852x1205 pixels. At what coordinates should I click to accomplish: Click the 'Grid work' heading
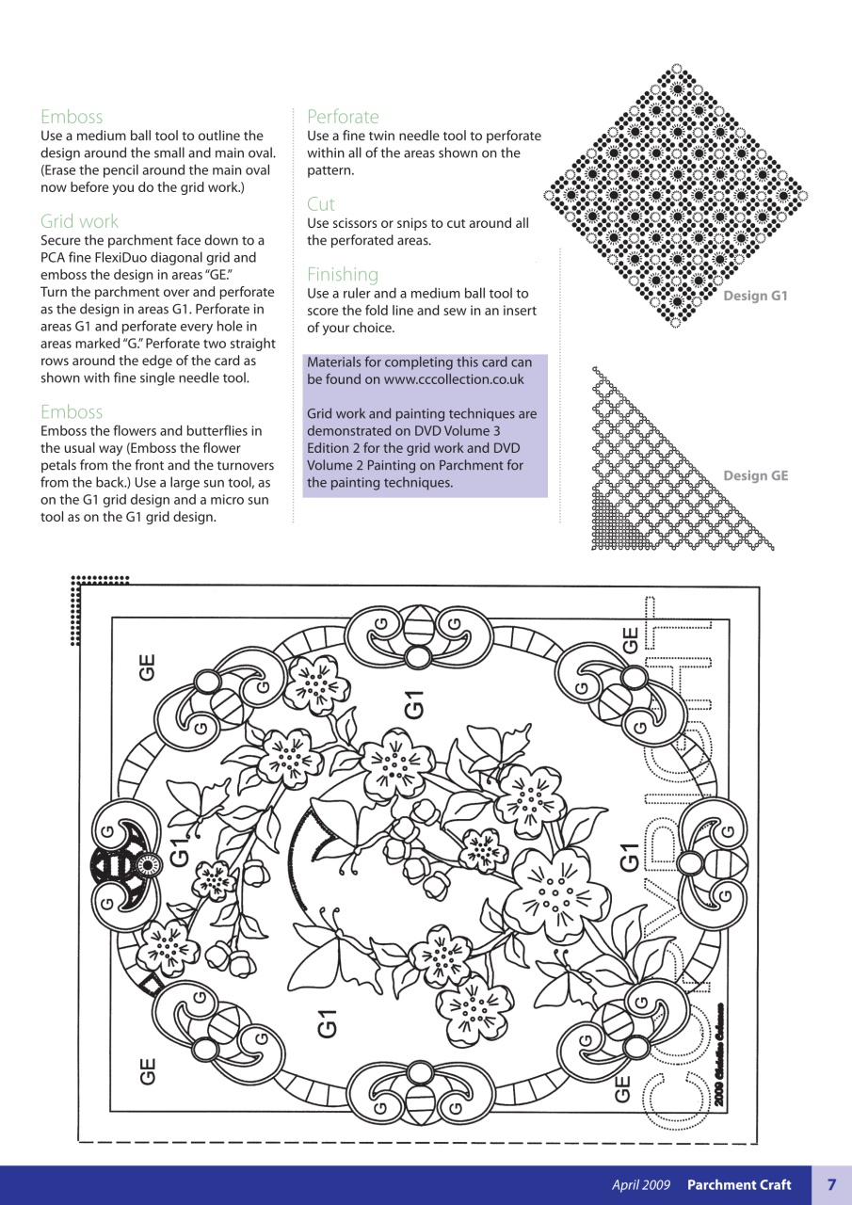79,221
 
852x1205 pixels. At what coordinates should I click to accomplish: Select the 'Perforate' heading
343,117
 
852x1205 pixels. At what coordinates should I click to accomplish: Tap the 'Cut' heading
320,204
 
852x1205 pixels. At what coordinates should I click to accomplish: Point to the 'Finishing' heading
343,275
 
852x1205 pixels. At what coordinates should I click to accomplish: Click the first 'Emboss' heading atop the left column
72,117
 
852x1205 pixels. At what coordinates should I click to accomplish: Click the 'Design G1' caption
754,297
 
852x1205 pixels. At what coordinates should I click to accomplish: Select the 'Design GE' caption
755,476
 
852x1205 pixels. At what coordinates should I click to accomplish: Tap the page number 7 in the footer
831,1185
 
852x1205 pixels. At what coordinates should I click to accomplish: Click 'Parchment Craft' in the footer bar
738,1185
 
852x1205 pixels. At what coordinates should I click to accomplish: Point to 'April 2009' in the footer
641,1185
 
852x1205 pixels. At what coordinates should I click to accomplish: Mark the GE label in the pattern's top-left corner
147,666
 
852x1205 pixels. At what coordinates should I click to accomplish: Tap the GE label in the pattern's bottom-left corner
147,1071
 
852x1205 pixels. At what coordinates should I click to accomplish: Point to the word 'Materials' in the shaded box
337,362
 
